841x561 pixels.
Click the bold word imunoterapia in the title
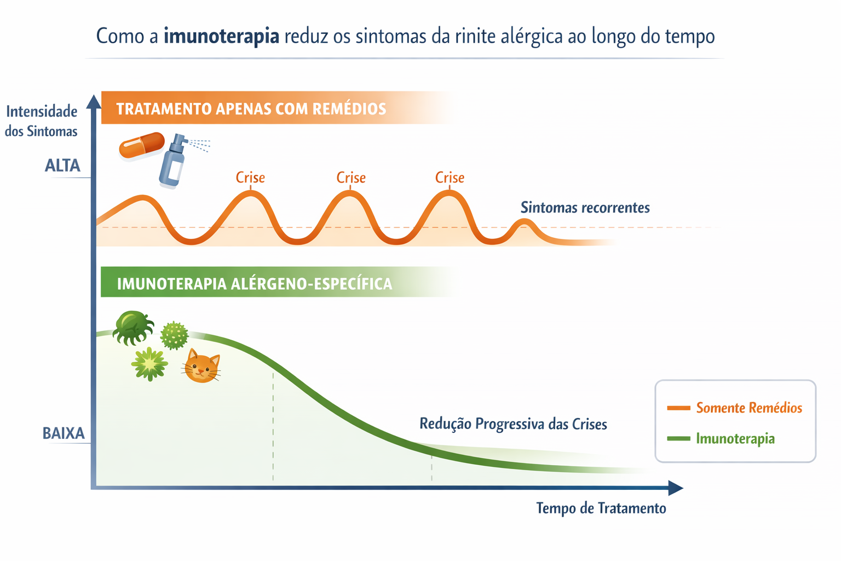pos(221,36)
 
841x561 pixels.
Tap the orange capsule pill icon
pos(142,146)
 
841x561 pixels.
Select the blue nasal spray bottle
pos(174,162)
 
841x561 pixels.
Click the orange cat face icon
pos(201,367)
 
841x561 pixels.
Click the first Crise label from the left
pos(250,178)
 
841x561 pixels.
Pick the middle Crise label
pos(350,178)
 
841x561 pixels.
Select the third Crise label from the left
pos(450,178)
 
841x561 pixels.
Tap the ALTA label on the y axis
pos(62,165)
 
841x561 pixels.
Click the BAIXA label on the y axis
pos(64,433)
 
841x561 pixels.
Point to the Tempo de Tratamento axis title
pos(601,508)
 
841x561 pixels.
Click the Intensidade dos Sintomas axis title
pos(42,121)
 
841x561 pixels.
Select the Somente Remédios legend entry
pos(748,408)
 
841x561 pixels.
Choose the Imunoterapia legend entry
pos(735,438)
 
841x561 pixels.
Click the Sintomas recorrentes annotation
pos(585,208)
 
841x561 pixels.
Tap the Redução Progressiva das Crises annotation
pos(513,423)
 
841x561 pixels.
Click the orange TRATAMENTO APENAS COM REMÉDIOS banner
pos(252,108)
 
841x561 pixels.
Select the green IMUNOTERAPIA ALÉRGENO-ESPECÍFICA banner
pos(255,283)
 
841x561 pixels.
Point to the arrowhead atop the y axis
pos(94,102)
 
